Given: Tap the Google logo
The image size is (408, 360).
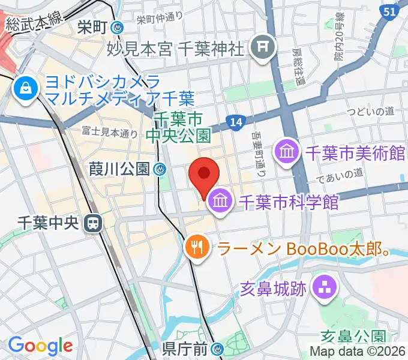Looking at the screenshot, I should (x=40, y=346).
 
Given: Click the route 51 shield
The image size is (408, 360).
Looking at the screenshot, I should (x=389, y=11).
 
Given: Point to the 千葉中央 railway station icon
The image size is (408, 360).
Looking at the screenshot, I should (x=93, y=223).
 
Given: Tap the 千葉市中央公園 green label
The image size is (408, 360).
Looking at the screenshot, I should (x=182, y=127).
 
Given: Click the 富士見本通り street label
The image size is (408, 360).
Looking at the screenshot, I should (x=110, y=131).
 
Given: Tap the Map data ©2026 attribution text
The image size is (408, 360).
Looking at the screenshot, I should (x=357, y=351).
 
